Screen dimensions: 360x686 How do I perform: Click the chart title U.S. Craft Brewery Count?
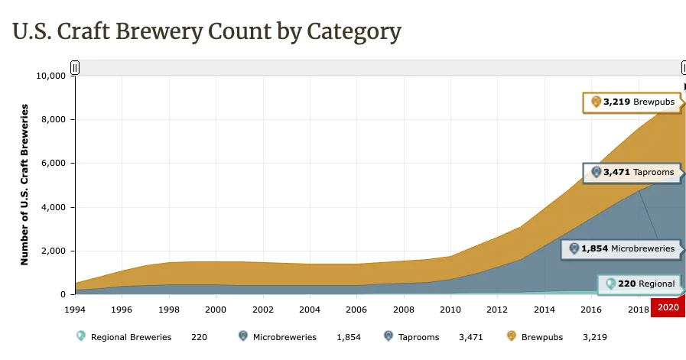coord(206,31)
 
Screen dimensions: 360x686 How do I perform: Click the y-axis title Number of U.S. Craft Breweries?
coord(24,184)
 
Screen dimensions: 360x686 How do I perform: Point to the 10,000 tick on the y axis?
coord(52,76)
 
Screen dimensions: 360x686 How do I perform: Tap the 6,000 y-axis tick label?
coord(56,164)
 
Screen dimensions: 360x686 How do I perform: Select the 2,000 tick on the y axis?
coord(56,251)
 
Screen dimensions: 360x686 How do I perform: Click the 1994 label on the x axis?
coord(75,309)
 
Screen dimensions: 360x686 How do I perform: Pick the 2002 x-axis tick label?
coord(263,309)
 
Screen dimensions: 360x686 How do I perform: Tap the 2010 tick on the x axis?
coord(451,309)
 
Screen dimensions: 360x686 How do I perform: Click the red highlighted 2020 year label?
coord(668,307)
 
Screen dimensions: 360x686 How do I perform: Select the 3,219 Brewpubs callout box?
coord(631,102)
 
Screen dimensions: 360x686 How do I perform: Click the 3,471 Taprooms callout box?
coord(631,173)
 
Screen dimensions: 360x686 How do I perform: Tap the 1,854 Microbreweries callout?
coord(620,248)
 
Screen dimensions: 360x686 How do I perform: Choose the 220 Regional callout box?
coord(639,284)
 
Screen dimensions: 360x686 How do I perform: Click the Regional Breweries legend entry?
coord(131,336)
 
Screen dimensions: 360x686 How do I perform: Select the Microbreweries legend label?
coord(284,336)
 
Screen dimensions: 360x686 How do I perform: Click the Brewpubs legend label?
coord(542,336)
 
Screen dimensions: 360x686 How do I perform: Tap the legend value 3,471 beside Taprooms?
coord(470,336)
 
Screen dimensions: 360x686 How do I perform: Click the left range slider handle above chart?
coord(75,67)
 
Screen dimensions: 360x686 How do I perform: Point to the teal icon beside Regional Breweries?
coord(81,336)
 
